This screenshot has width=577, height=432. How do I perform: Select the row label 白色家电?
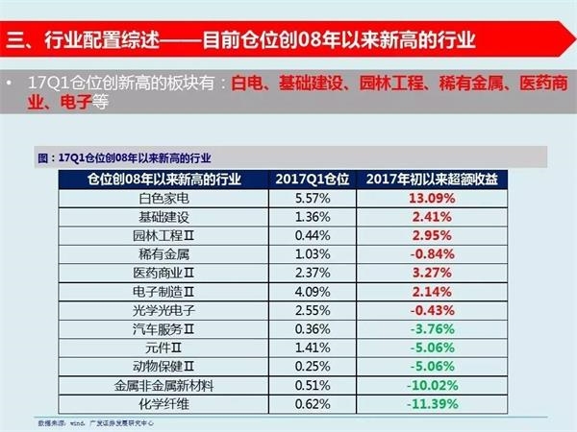165,198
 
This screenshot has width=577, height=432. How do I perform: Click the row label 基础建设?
165,216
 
